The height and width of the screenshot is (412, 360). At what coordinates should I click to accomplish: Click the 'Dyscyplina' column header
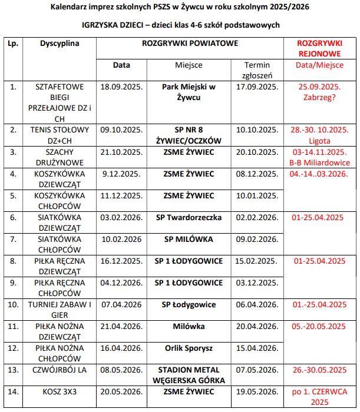pyautogui.click(x=60, y=44)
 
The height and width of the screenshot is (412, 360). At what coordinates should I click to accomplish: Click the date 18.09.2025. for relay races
pyautogui.click(x=121, y=87)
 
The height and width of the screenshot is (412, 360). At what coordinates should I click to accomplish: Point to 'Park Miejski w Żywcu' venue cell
pyautogui.click(x=189, y=92)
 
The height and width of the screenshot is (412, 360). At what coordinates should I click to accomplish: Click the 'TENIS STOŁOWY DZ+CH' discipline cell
pyautogui.click(x=60, y=135)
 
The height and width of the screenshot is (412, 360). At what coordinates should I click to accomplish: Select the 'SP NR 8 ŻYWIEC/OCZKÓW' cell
pyautogui.click(x=189, y=135)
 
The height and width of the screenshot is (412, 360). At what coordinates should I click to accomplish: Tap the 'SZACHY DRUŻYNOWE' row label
pyautogui.click(x=60, y=157)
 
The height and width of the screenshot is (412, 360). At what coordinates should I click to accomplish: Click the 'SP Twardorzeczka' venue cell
pyautogui.click(x=189, y=217)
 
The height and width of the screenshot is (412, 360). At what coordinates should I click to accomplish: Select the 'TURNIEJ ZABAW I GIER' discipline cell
pyautogui.click(x=60, y=310)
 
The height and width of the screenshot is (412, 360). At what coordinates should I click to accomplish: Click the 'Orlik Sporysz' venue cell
pyautogui.click(x=189, y=348)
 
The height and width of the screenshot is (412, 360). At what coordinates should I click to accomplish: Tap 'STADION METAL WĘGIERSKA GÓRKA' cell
pyautogui.click(x=189, y=375)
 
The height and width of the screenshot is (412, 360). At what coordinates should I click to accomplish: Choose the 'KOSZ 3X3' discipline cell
pyautogui.click(x=60, y=391)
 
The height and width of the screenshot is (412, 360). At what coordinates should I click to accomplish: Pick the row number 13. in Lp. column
pyautogui.click(x=13, y=370)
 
